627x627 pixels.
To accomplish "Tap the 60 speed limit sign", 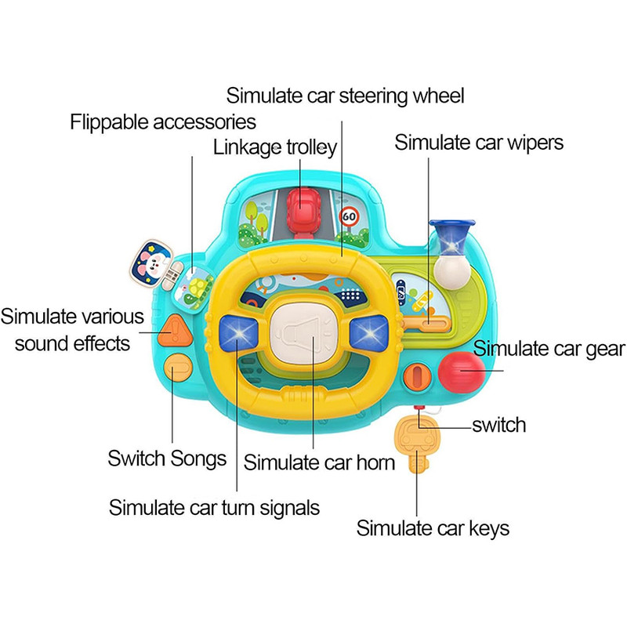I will (x=350, y=217).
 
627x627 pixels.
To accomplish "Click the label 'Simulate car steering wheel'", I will (x=346, y=96).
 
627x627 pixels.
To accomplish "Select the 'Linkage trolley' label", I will (x=275, y=147).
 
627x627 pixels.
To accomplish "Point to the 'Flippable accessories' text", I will (x=163, y=122).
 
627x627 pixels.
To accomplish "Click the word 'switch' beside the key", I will (x=498, y=426).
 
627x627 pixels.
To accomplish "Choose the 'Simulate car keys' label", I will (x=433, y=528).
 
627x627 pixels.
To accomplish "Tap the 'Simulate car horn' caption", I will (x=319, y=462).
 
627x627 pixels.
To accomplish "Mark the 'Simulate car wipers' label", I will (x=479, y=143).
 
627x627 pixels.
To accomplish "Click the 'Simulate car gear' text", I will (x=549, y=349).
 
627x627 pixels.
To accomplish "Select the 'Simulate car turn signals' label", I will (x=214, y=507).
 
